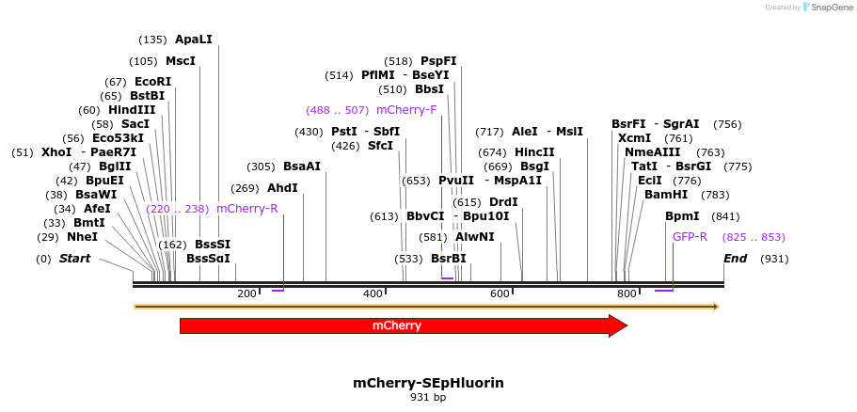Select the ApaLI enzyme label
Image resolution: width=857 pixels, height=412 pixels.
[x=194, y=40]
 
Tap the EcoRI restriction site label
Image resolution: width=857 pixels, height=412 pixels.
[x=153, y=82]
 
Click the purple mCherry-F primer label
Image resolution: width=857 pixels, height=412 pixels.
[x=406, y=110]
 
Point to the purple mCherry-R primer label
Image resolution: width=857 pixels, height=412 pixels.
[x=247, y=209]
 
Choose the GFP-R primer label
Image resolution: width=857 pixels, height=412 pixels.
[x=690, y=237]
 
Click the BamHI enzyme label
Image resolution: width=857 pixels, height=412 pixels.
[x=666, y=195]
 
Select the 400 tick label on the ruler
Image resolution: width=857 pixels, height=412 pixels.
[x=373, y=294]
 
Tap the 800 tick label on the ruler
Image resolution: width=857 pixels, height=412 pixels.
[x=627, y=294]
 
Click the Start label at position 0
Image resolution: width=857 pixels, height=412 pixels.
[x=75, y=259]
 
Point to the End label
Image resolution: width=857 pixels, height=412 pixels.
[x=735, y=259]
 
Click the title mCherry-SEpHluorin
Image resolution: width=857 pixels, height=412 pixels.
[x=428, y=383]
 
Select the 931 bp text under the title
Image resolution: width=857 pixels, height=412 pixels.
[x=428, y=398]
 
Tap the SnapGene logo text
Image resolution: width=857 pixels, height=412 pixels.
[x=829, y=8]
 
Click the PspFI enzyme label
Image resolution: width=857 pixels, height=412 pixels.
[x=438, y=61]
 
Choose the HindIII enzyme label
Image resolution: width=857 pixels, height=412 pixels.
[x=132, y=110]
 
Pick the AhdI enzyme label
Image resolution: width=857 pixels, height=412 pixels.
[x=282, y=188]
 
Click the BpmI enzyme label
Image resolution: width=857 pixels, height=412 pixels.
[x=682, y=216]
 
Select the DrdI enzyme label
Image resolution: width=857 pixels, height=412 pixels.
[x=503, y=202]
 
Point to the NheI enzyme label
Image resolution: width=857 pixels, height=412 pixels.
[x=82, y=237]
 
